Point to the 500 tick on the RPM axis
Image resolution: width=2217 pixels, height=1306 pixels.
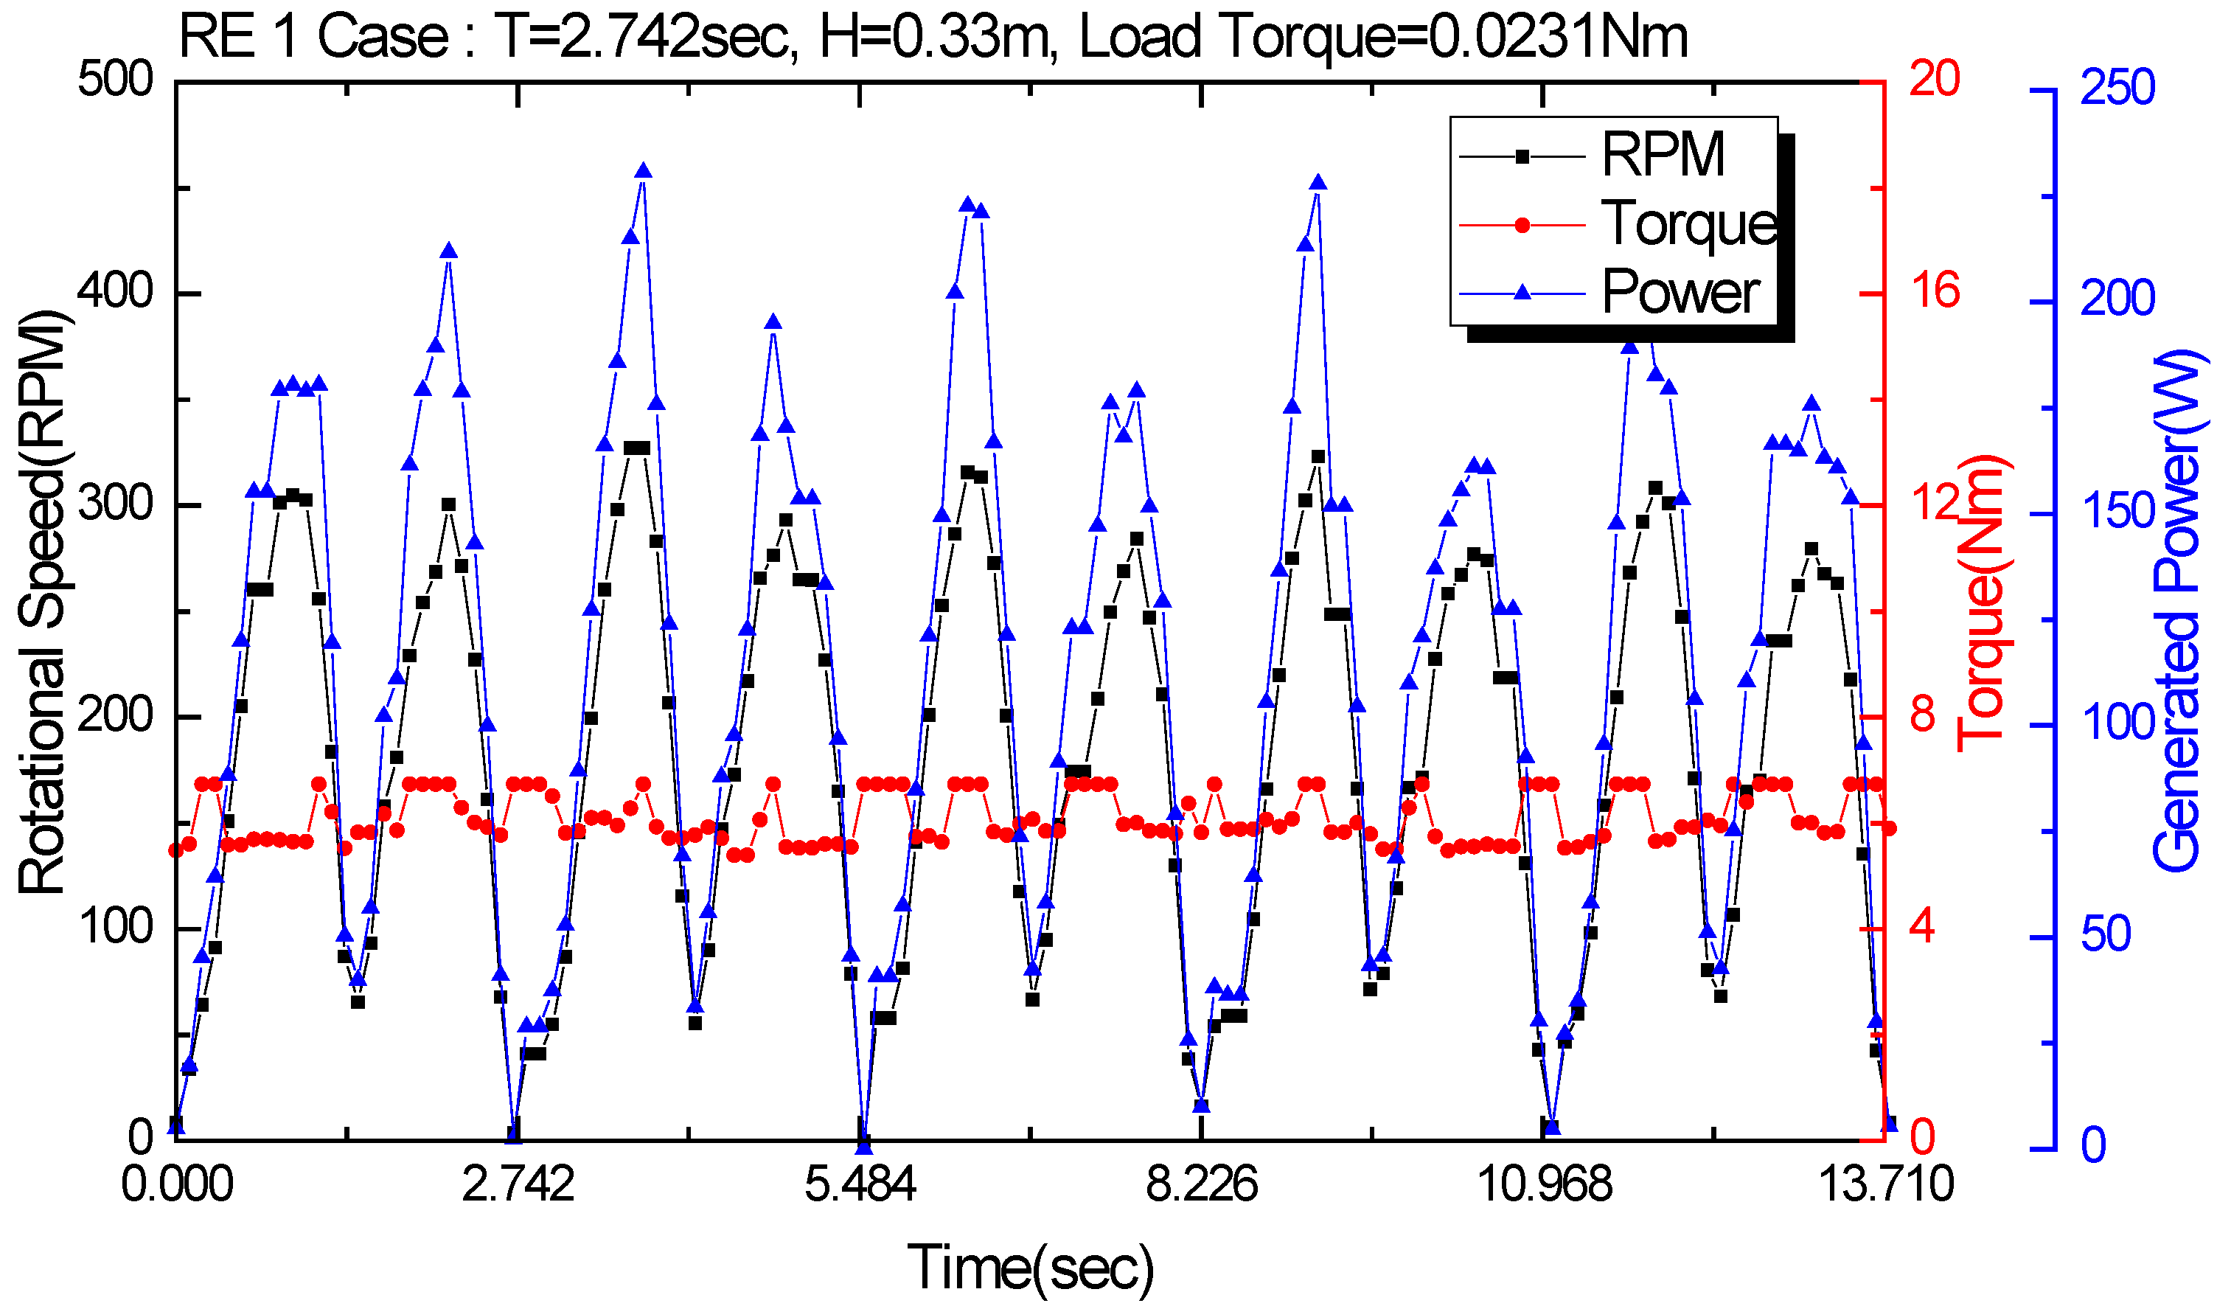[115, 81]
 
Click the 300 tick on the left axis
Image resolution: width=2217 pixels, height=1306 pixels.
[115, 505]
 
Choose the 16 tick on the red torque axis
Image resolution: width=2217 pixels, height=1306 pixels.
[1934, 292]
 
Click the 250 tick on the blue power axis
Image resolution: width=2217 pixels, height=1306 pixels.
[2117, 89]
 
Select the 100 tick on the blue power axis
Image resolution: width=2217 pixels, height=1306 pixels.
[2117, 725]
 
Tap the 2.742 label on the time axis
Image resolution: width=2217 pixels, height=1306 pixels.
[518, 1184]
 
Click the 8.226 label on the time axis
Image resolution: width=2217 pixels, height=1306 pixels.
[1201, 1184]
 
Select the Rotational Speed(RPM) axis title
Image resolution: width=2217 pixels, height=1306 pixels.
[42, 602]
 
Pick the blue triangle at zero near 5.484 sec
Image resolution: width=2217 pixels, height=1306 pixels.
[864, 1147]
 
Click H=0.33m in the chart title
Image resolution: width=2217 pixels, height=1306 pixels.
[938, 38]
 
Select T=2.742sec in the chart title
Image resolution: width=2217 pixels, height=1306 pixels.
[646, 38]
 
